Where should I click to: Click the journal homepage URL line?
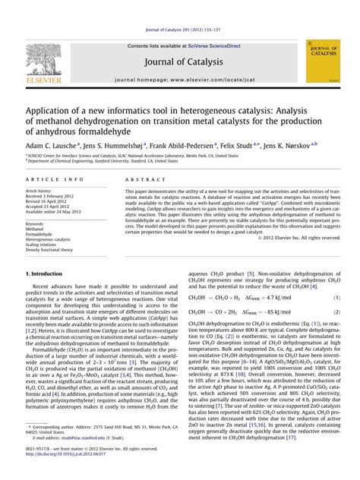pyautogui.click(x=180, y=79)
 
